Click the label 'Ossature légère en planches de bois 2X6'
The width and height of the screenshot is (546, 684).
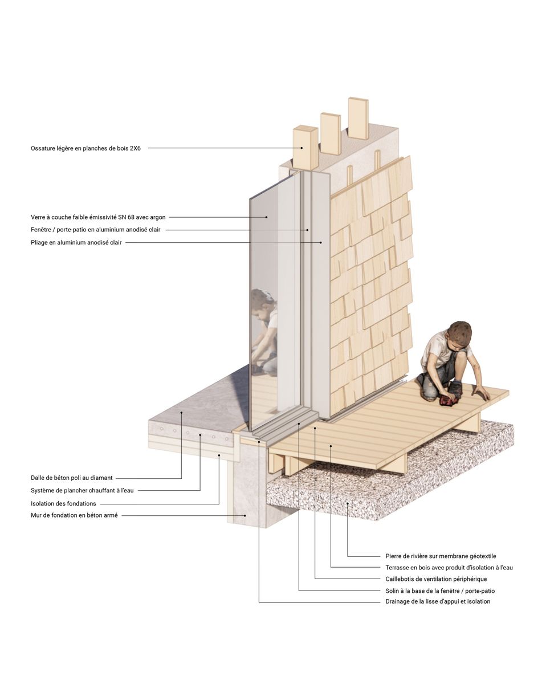coord(85,148)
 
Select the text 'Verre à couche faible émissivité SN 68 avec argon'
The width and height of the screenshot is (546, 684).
coord(98,217)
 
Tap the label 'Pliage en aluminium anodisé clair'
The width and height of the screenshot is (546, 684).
coord(76,243)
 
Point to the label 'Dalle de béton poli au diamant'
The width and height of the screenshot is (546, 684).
coord(72,478)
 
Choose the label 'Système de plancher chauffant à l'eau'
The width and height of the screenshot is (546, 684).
coord(82,490)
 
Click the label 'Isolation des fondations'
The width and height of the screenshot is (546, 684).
coord(63,503)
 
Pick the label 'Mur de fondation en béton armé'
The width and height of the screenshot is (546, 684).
coord(74,516)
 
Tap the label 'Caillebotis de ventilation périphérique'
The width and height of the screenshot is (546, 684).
coord(436,579)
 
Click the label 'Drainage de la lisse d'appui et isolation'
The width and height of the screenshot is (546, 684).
coord(438,601)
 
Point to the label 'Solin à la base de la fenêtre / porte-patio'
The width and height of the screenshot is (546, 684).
coord(440,591)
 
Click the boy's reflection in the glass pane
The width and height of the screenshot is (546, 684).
coord(264,325)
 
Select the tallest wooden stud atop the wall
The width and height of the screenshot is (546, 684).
coord(358,118)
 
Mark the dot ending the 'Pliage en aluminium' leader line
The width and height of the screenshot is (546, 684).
coord(321,243)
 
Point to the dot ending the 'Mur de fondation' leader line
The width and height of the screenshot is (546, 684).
coord(246,516)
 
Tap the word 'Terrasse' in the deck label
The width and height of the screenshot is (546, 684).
coord(398,568)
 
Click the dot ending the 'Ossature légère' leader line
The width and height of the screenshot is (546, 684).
coord(303,148)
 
